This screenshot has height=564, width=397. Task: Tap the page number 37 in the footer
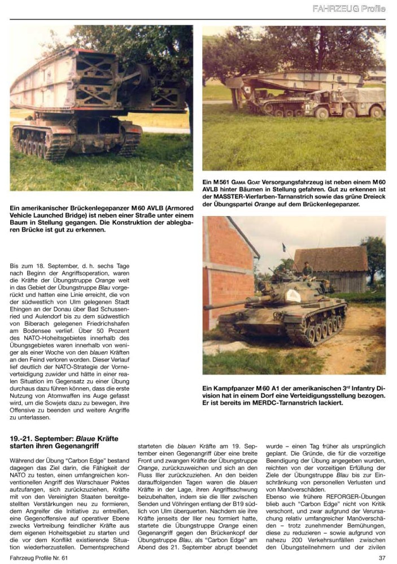click(382, 558)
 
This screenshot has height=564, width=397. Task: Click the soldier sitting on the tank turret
click(308, 271)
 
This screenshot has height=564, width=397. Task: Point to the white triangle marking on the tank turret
click(292, 295)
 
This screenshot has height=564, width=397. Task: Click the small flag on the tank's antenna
click(283, 247)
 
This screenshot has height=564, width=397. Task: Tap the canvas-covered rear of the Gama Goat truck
click(361, 96)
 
